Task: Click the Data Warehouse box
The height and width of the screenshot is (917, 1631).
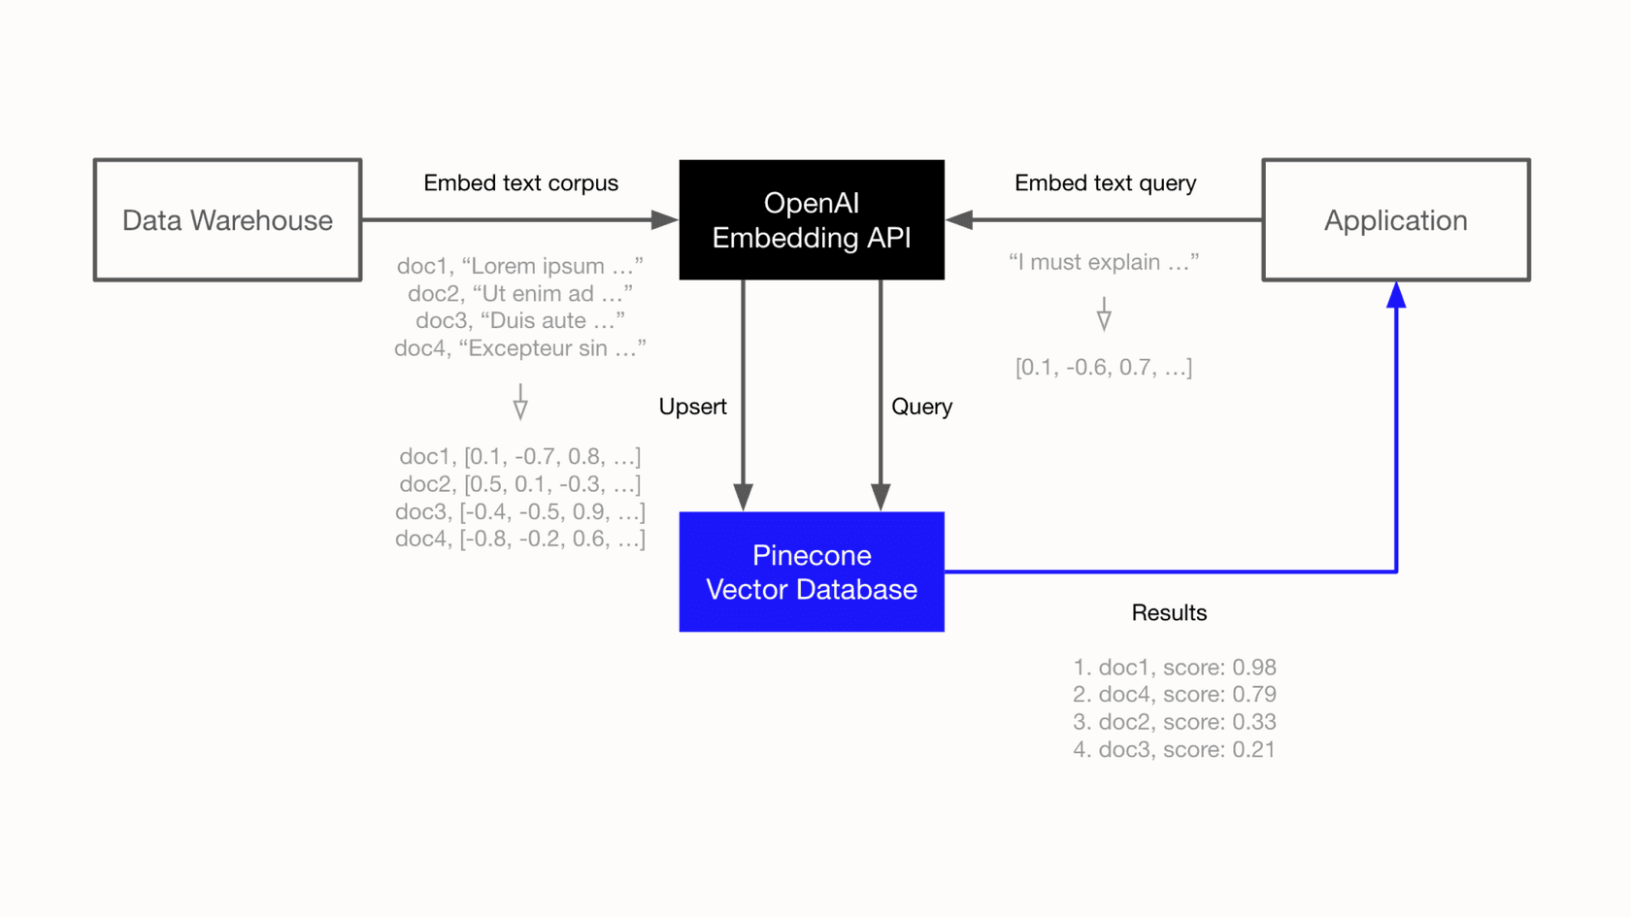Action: pos(227,220)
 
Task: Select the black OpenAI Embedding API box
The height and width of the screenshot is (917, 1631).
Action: pos(812,220)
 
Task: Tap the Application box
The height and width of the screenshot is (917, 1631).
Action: pos(1395,220)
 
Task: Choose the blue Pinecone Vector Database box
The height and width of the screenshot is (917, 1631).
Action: pos(812,572)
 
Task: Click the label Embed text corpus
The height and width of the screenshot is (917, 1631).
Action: pos(520,183)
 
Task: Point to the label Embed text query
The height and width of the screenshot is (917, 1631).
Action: pos(1105,183)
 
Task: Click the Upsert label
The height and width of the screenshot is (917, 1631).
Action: pos(692,407)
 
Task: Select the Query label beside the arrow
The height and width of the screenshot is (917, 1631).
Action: pos(921,407)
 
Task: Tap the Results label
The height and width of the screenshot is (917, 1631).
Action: pos(1169,612)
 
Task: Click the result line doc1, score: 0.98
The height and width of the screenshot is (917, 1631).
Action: pos(1174,668)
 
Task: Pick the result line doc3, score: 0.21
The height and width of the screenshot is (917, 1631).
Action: pos(1174,749)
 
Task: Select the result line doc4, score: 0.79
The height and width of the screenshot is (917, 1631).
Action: pos(1174,695)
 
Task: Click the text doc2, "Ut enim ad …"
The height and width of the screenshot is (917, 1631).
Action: pos(520,293)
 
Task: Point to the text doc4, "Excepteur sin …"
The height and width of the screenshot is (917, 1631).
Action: pos(520,348)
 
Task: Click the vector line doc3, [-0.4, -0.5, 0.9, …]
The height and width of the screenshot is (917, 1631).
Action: pos(520,511)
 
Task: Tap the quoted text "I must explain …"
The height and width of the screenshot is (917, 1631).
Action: pos(1104,262)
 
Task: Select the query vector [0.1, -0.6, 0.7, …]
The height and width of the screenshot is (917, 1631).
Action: pos(1104,368)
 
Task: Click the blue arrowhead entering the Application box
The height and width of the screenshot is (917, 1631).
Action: pos(1396,295)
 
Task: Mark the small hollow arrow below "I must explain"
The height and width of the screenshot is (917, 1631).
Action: pos(1104,315)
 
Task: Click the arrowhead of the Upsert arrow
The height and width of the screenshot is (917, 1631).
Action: pos(744,497)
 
